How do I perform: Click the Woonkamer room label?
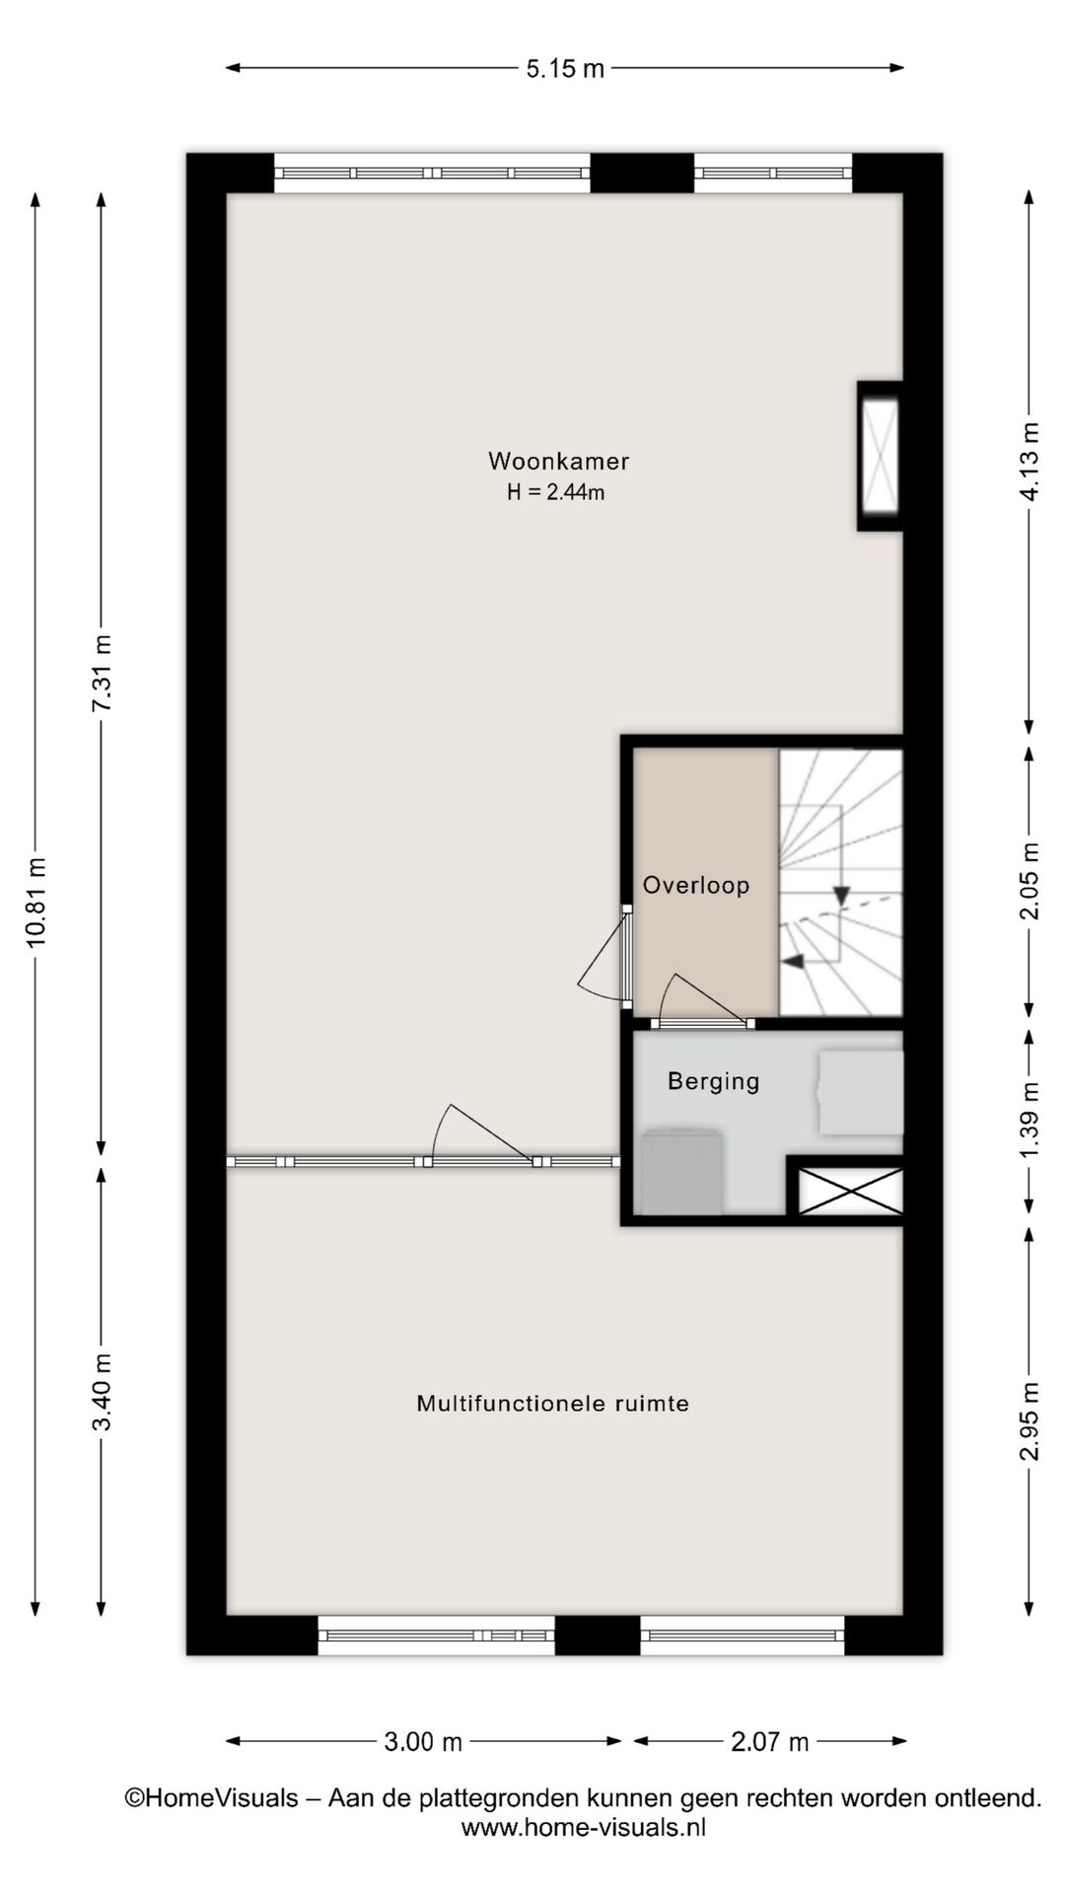pos(558,461)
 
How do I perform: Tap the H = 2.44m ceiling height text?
pos(556,492)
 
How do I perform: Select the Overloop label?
pos(696,885)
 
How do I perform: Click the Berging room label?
pos(714,1081)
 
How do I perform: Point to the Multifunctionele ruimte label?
pos(552,1403)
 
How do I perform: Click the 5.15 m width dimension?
pos(565,68)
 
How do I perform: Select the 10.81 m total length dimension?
pos(36,902)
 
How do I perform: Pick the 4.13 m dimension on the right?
pos(1029,461)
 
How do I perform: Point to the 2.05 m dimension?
pos(1029,881)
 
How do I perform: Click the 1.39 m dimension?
pos(1029,1122)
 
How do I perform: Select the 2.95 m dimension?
pos(1029,1420)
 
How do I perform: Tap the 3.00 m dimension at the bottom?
pos(423,1742)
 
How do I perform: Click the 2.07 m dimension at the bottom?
pos(770,1742)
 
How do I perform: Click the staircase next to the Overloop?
pos(841,883)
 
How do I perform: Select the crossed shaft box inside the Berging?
pos(850,1191)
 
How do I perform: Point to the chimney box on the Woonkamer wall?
pos(880,456)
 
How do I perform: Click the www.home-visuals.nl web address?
pos(584,1827)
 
